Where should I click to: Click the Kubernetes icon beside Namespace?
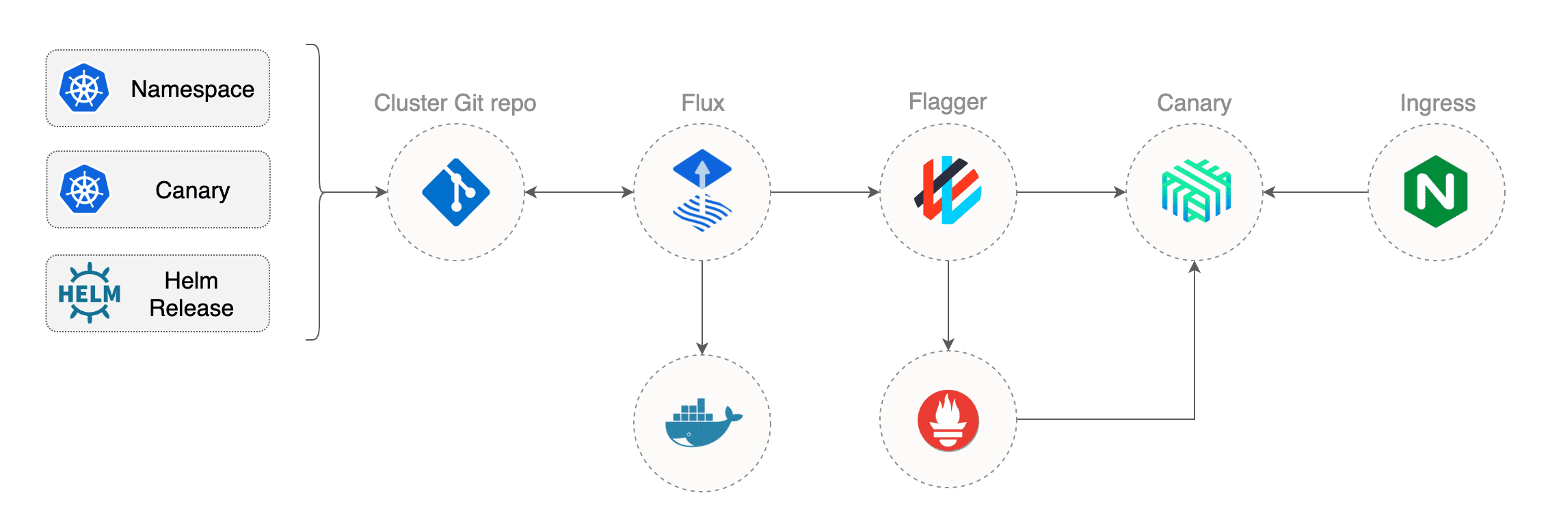(84, 88)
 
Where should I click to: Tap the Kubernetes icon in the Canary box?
(84, 189)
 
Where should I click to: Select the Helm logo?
(90, 293)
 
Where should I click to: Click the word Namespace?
(193, 89)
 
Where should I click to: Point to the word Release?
(191, 308)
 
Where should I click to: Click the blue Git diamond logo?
(456, 192)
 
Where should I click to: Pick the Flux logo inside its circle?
(702, 190)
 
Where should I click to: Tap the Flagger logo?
(948, 190)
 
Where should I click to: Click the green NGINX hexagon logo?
(1436, 191)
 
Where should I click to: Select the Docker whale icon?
(704, 423)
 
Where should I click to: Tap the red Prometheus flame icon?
(948, 420)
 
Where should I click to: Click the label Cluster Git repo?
(455, 103)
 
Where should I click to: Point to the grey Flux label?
(703, 103)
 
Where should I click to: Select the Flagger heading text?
(948, 103)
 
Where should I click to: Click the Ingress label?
(1438, 103)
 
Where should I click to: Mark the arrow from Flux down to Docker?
(702, 308)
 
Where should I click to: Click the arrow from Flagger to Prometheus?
(948, 306)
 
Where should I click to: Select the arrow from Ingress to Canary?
(1316, 192)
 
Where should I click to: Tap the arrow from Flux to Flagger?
(825, 192)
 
